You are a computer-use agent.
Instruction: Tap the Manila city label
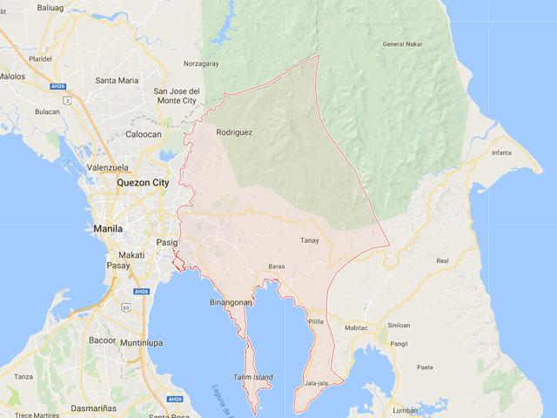[106, 228]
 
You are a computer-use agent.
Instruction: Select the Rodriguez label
[234, 132]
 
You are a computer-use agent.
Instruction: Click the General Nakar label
[403, 44]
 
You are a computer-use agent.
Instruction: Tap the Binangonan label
[231, 302]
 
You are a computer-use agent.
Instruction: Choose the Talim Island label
[252, 377]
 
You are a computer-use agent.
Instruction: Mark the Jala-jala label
[317, 382]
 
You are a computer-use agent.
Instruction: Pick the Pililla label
[315, 321]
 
